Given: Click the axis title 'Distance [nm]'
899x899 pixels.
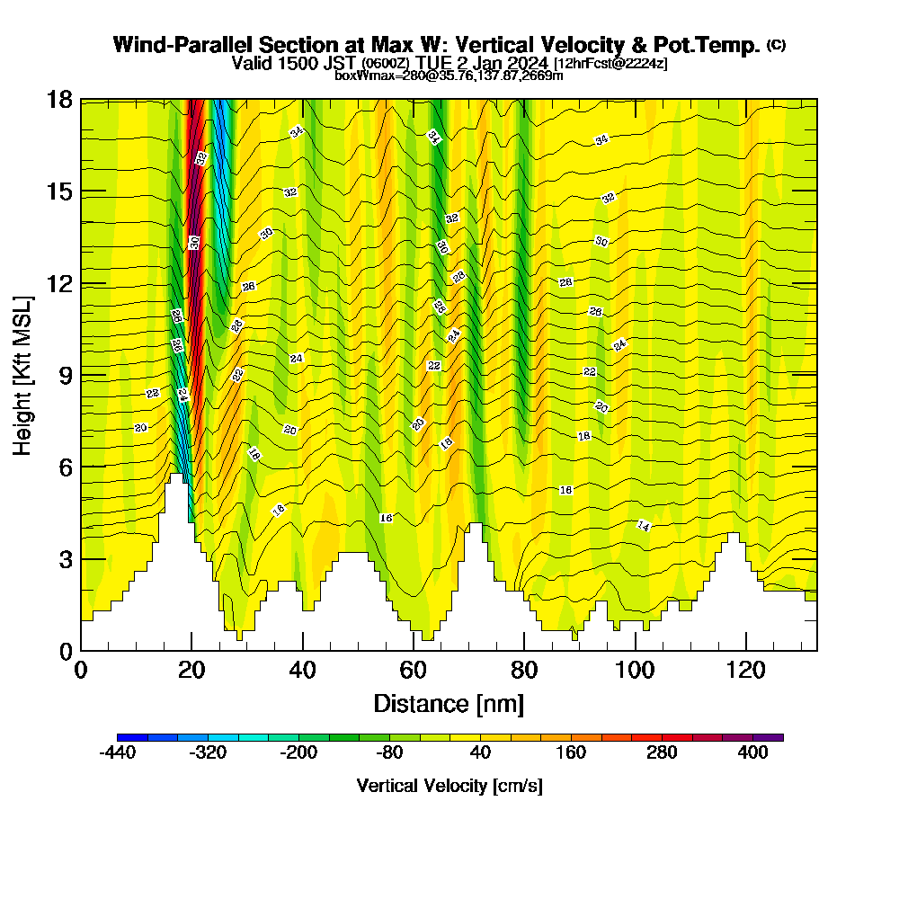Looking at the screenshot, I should click(x=449, y=703).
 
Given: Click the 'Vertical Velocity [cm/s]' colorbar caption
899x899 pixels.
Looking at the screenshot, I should click(x=449, y=786).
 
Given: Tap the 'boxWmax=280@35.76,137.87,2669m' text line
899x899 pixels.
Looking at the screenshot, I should click(x=449, y=76).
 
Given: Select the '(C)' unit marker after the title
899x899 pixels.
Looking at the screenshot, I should click(x=777, y=45).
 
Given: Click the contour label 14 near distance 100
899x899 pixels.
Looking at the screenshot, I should click(x=644, y=526).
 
